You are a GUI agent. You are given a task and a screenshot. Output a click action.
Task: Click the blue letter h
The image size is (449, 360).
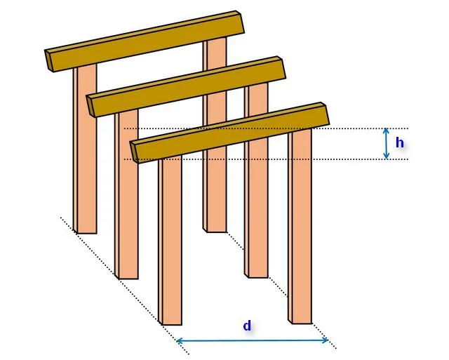(399, 142)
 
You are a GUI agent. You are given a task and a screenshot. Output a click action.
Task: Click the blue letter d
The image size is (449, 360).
(247, 326)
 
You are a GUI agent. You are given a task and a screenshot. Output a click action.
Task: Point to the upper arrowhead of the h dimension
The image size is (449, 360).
(387, 131)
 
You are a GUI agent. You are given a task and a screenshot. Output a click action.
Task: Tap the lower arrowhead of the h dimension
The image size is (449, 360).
(387, 156)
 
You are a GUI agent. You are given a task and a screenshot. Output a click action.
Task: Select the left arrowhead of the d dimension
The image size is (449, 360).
(180, 341)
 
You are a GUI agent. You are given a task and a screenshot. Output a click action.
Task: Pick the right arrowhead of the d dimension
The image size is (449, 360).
(325, 340)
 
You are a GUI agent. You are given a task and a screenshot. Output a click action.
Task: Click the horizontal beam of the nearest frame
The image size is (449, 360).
(230, 133)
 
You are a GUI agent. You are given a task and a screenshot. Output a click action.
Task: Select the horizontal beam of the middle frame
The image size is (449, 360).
(186, 87)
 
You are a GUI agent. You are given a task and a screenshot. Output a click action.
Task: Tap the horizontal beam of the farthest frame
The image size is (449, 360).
(145, 41)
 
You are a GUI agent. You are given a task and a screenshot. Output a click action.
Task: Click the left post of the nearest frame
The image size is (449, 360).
(170, 241)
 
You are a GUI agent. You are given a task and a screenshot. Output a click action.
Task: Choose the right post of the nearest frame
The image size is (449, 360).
(300, 226)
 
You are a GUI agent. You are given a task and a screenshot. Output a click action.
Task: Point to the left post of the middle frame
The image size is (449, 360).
(126, 194)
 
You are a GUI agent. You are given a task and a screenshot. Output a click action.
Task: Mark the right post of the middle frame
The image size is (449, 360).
(256, 180)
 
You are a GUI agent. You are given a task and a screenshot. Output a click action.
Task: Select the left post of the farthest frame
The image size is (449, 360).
(85, 148)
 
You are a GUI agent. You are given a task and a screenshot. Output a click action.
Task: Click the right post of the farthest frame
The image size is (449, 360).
(215, 135)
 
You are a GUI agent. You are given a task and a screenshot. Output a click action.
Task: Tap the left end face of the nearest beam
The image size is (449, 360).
(134, 152)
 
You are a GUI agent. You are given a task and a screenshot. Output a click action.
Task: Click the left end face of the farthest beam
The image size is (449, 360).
(49, 61)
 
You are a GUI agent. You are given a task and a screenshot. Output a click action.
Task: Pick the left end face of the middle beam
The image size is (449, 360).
(91, 106)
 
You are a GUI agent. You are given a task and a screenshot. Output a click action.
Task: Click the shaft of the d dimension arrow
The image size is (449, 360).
(253, 340)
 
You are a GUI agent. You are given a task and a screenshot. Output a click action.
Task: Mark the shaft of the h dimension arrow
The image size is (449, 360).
(387, 143)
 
